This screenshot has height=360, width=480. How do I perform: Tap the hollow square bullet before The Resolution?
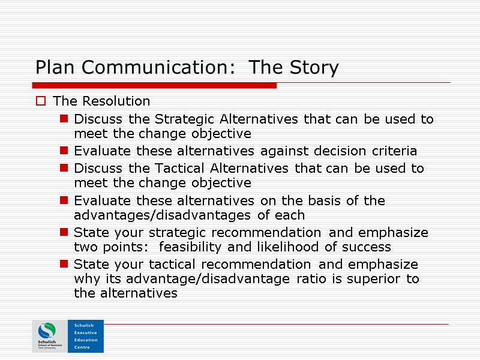pos(41,101)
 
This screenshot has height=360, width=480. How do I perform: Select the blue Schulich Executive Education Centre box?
pos(86,336)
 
